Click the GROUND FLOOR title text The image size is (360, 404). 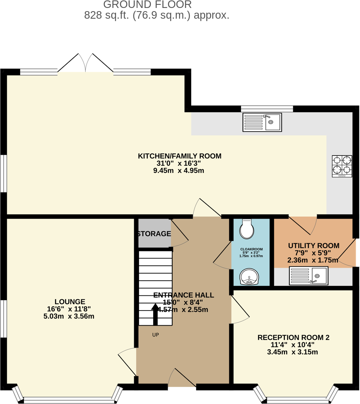147,5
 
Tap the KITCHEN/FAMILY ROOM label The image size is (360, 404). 179,156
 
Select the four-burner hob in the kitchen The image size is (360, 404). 342,166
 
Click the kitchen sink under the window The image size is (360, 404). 262,122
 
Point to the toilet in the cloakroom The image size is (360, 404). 246,229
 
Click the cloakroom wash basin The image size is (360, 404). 249,276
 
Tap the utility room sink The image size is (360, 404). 308,276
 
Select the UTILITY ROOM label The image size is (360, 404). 314,246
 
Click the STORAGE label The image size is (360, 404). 154,234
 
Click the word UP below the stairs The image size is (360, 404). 156,335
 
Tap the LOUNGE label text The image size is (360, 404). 70,302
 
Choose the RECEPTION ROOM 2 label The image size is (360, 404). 293,338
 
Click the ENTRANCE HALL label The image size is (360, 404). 183,295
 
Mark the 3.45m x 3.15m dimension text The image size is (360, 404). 293,352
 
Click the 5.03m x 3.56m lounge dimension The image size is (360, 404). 69,317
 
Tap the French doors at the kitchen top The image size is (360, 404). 86,64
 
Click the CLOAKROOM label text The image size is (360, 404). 251,249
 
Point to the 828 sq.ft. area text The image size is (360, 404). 157,16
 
